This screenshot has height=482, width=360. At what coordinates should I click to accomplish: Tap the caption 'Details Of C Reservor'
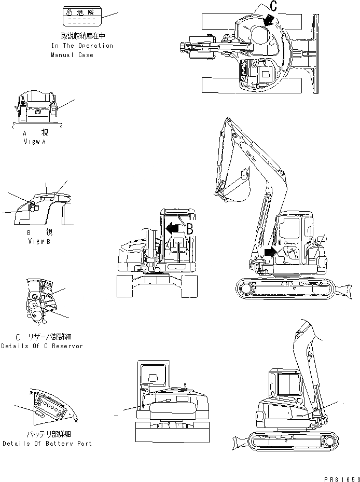click(41, 346)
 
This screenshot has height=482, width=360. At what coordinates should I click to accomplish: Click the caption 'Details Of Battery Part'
click(47, 444)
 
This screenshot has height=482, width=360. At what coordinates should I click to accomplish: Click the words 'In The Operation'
click(82, 46)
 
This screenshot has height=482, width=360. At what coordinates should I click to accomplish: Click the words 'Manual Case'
click(72, 54)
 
